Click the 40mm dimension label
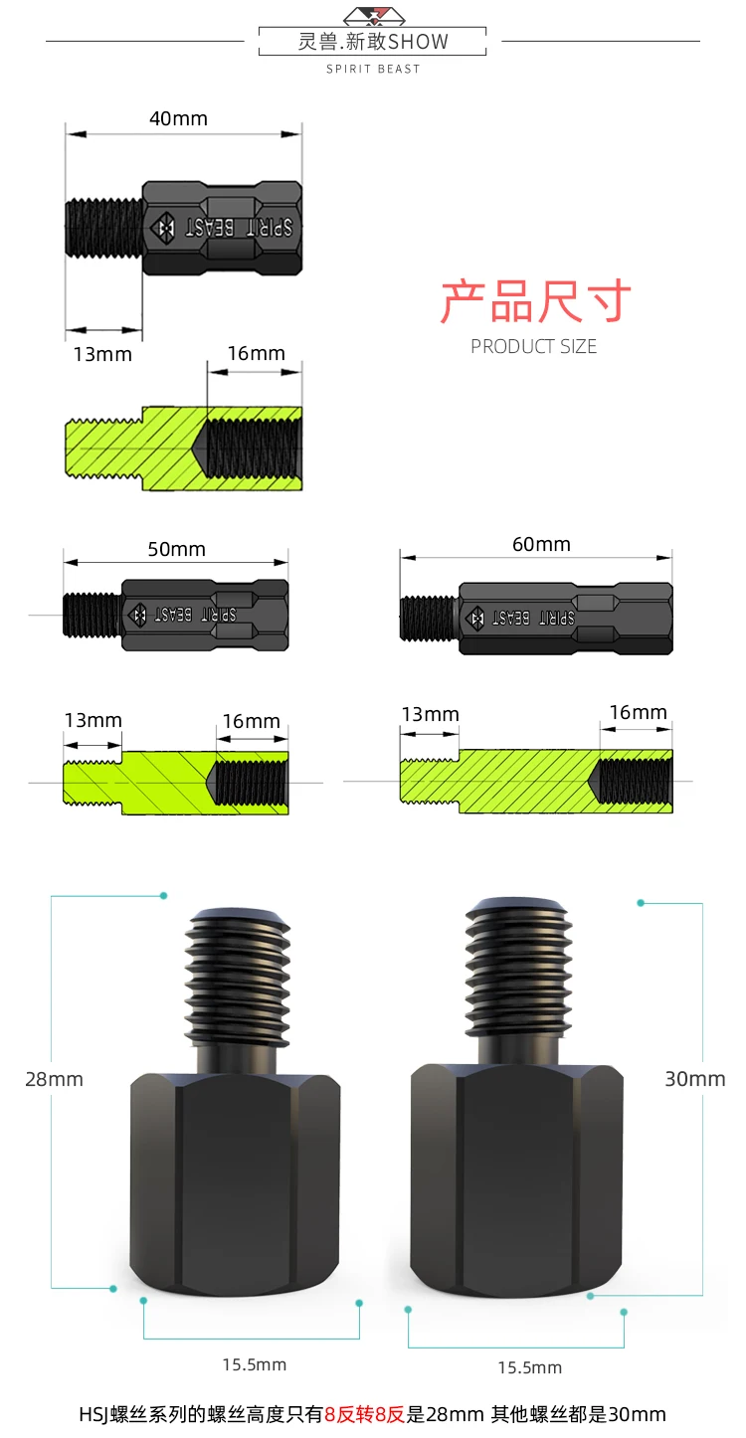(178, 118)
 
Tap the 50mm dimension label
(176, 550)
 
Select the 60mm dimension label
(541, 544)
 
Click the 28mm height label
(54, 1079)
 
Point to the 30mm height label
(694, 1078)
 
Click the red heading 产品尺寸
(535, 300)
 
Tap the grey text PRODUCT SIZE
(533, 347)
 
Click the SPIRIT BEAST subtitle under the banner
(373, 69)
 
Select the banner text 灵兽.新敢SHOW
(373, 42)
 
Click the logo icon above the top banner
(374, 15)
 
